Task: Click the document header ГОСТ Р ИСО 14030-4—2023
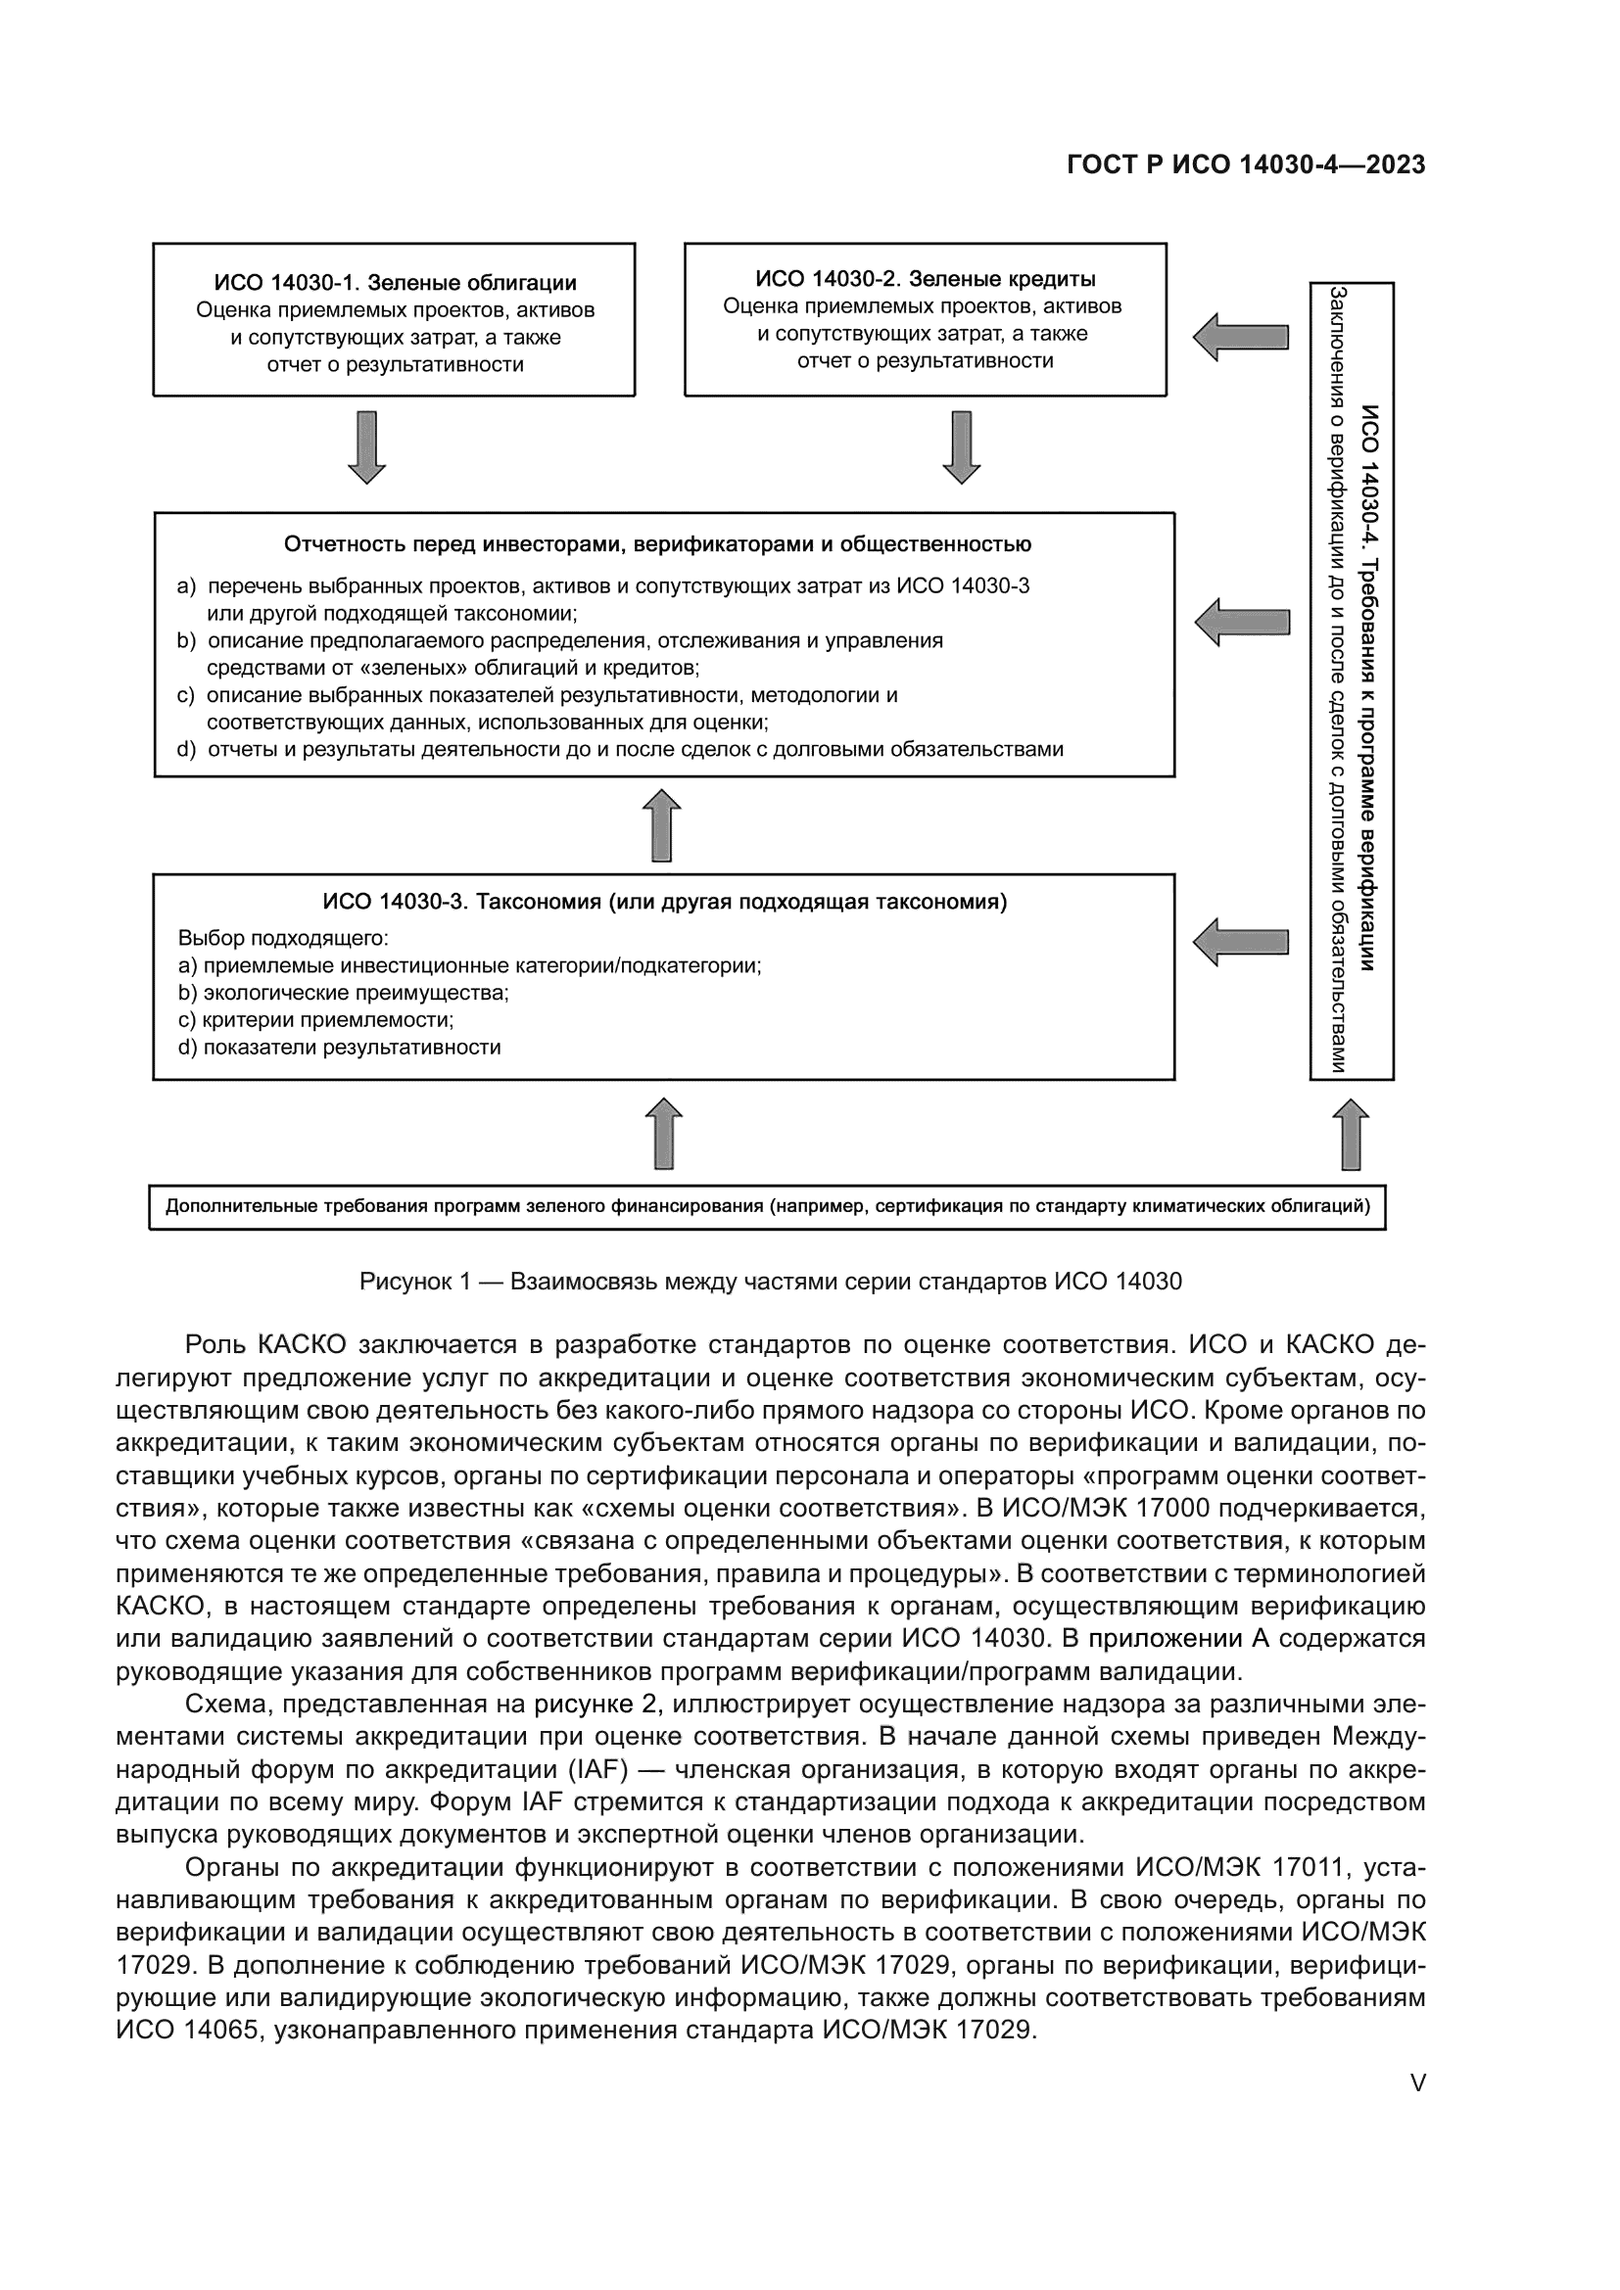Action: pyautogui.click(x=1245, y=164)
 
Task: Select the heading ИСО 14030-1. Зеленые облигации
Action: pyautogui.click(x=395, y=283)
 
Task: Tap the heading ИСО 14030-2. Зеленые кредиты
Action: pyautogui.click(x=925, y=279)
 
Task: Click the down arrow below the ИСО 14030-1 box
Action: pyautogui.click(x=367, y=446)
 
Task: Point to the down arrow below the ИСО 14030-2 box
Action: pyautogui.click(x=962, y=446)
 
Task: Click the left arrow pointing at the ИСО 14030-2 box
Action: pyautogui.click(x=1241, y=337)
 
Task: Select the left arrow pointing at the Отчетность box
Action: pyautogui.click(x=1242, y=623)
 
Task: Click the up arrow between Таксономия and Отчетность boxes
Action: pyautogui.click(x=663, y=826)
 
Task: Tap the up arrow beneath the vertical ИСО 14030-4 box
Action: pyautogui.click(x=1351, y=1134)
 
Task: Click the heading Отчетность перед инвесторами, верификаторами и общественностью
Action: pyautogui.click(x=657, y=544)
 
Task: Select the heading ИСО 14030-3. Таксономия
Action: pyautogui.click(x=664, y=903)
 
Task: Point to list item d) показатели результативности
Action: pyautogui.click(x=339, y=1048)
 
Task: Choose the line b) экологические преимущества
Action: pyautogui.click(x=343, y=993)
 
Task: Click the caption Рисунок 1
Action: pyautogui.click(x=770, y=1282)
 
